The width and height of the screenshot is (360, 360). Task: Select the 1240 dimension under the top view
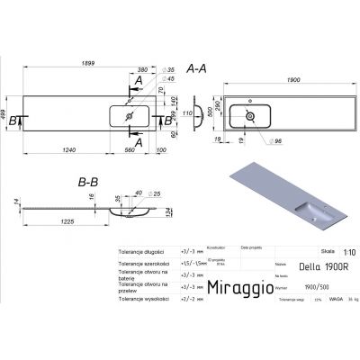[x=64, y=149]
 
